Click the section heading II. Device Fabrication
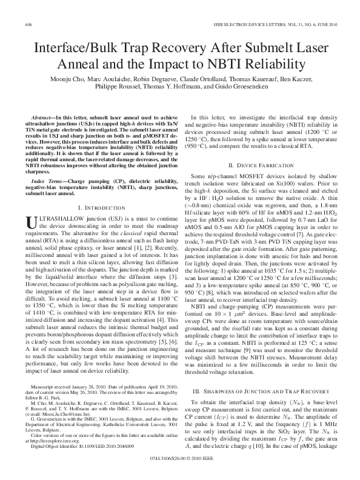pyautogui.click(x=262, y=165)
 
